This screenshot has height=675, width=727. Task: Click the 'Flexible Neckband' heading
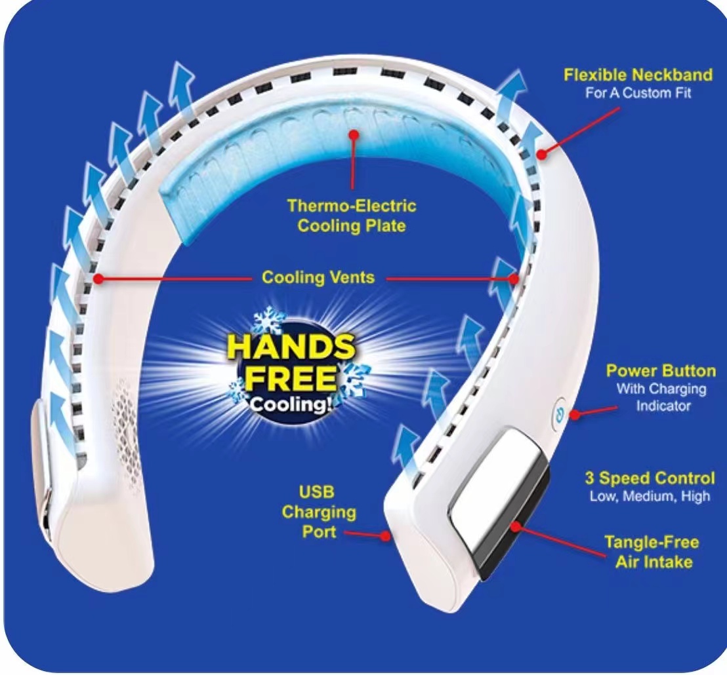click(x=638, y=75)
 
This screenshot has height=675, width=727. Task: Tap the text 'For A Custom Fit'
click(x=638, y=93)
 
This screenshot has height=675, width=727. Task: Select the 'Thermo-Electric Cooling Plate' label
click(x=352, y=216)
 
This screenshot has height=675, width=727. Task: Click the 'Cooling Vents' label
click(x=318, y=277)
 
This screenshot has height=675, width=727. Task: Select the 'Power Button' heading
click(x=661, y=371)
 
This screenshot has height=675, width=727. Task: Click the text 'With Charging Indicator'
click(x=662, y=397)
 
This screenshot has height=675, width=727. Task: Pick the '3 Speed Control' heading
click(x=650, y=478)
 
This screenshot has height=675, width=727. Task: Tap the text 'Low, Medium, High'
click(x=650, y=496)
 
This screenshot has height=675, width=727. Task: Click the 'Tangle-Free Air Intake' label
click(x=653, y=552)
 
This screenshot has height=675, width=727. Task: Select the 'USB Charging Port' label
click(x=319, y=512)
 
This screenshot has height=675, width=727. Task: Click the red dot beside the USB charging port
click(x=385, y=536)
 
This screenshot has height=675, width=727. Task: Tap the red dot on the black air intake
click(x=515, y=527)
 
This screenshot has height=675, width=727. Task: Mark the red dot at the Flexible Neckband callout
click(x=541, y=154)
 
